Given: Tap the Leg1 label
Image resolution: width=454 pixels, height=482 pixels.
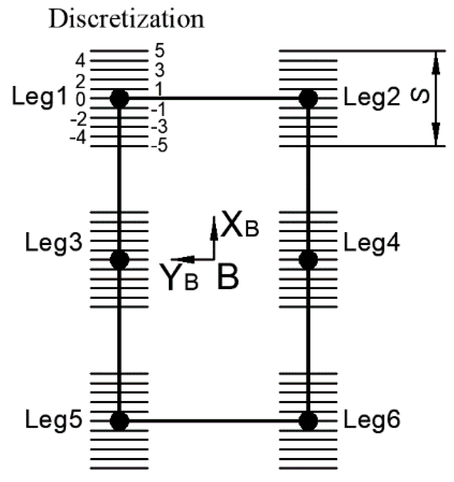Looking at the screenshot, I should [40, 97].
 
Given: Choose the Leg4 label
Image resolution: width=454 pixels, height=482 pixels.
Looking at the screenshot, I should [372, 243].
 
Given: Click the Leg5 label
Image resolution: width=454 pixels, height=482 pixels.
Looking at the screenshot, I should [54, 420].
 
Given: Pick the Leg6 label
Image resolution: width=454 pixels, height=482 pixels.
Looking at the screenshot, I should [372, 420].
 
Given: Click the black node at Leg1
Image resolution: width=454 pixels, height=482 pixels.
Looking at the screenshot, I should [120, 98].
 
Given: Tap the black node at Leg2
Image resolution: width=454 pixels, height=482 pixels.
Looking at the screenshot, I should [308, 98].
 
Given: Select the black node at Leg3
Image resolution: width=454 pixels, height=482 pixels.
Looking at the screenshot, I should [120, 259].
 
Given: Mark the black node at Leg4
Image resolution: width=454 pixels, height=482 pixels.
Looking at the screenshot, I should [308, 259].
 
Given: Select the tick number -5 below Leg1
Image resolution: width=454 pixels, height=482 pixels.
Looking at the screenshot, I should [159, 146].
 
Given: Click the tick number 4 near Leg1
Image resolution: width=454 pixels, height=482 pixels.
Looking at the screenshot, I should [81, 61].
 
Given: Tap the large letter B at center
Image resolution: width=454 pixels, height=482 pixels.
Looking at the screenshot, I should [228, 278].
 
